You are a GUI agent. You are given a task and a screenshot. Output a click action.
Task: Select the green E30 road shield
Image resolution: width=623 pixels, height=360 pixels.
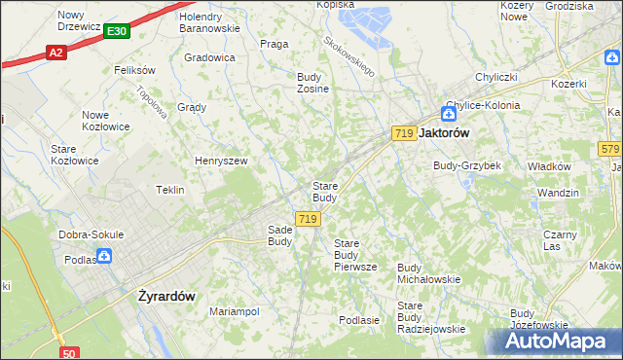tap(116, 32)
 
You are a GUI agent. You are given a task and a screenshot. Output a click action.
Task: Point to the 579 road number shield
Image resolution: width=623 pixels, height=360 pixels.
tap(609, 149)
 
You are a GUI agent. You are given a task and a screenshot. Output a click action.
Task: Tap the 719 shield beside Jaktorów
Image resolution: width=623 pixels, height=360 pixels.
tap(404, 132)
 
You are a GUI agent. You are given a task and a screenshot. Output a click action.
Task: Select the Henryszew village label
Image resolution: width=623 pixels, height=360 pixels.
tap(222, 161)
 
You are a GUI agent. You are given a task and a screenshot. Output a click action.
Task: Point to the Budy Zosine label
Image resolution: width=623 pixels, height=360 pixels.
tap(312, 83)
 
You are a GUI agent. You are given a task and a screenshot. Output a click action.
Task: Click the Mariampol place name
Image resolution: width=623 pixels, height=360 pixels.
tap(235, 311)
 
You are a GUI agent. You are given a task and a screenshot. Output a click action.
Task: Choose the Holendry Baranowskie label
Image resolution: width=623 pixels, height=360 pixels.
tap(209, 22)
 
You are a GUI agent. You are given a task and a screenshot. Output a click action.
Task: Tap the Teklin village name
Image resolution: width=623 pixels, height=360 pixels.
tap(170, 190)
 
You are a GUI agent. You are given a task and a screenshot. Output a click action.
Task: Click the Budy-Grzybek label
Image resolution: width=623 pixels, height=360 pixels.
tap(467, 165)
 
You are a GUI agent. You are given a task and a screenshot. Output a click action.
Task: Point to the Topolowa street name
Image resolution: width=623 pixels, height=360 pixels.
tap(153, 102)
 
